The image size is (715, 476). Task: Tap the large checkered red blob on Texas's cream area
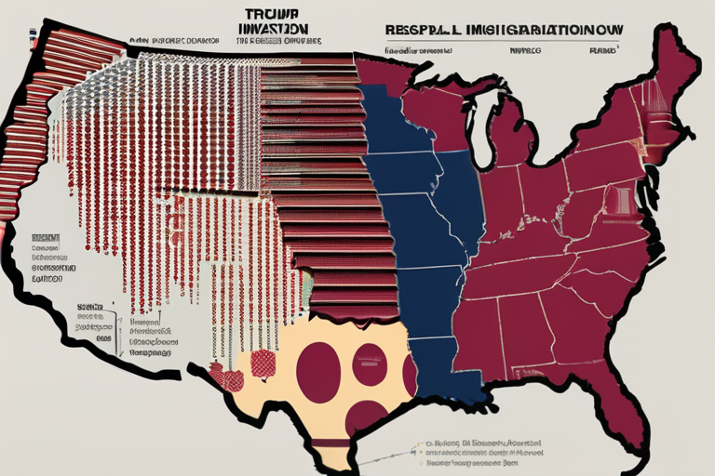tap(262, 364)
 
